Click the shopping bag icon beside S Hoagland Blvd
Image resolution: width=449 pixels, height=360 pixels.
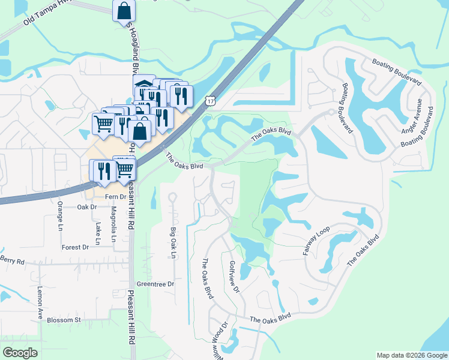[124, 11]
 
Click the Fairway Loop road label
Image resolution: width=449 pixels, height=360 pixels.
[316, 241]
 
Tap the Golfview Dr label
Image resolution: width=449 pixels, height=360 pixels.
[234, 277]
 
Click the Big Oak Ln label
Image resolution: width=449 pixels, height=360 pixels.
[173, 243]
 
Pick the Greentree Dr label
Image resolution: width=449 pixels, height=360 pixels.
[155, 284]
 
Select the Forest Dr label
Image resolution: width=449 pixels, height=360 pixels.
[75, 247]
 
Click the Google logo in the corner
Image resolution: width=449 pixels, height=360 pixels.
[20, 353]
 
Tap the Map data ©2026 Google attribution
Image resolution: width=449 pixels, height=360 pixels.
[412, 355]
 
